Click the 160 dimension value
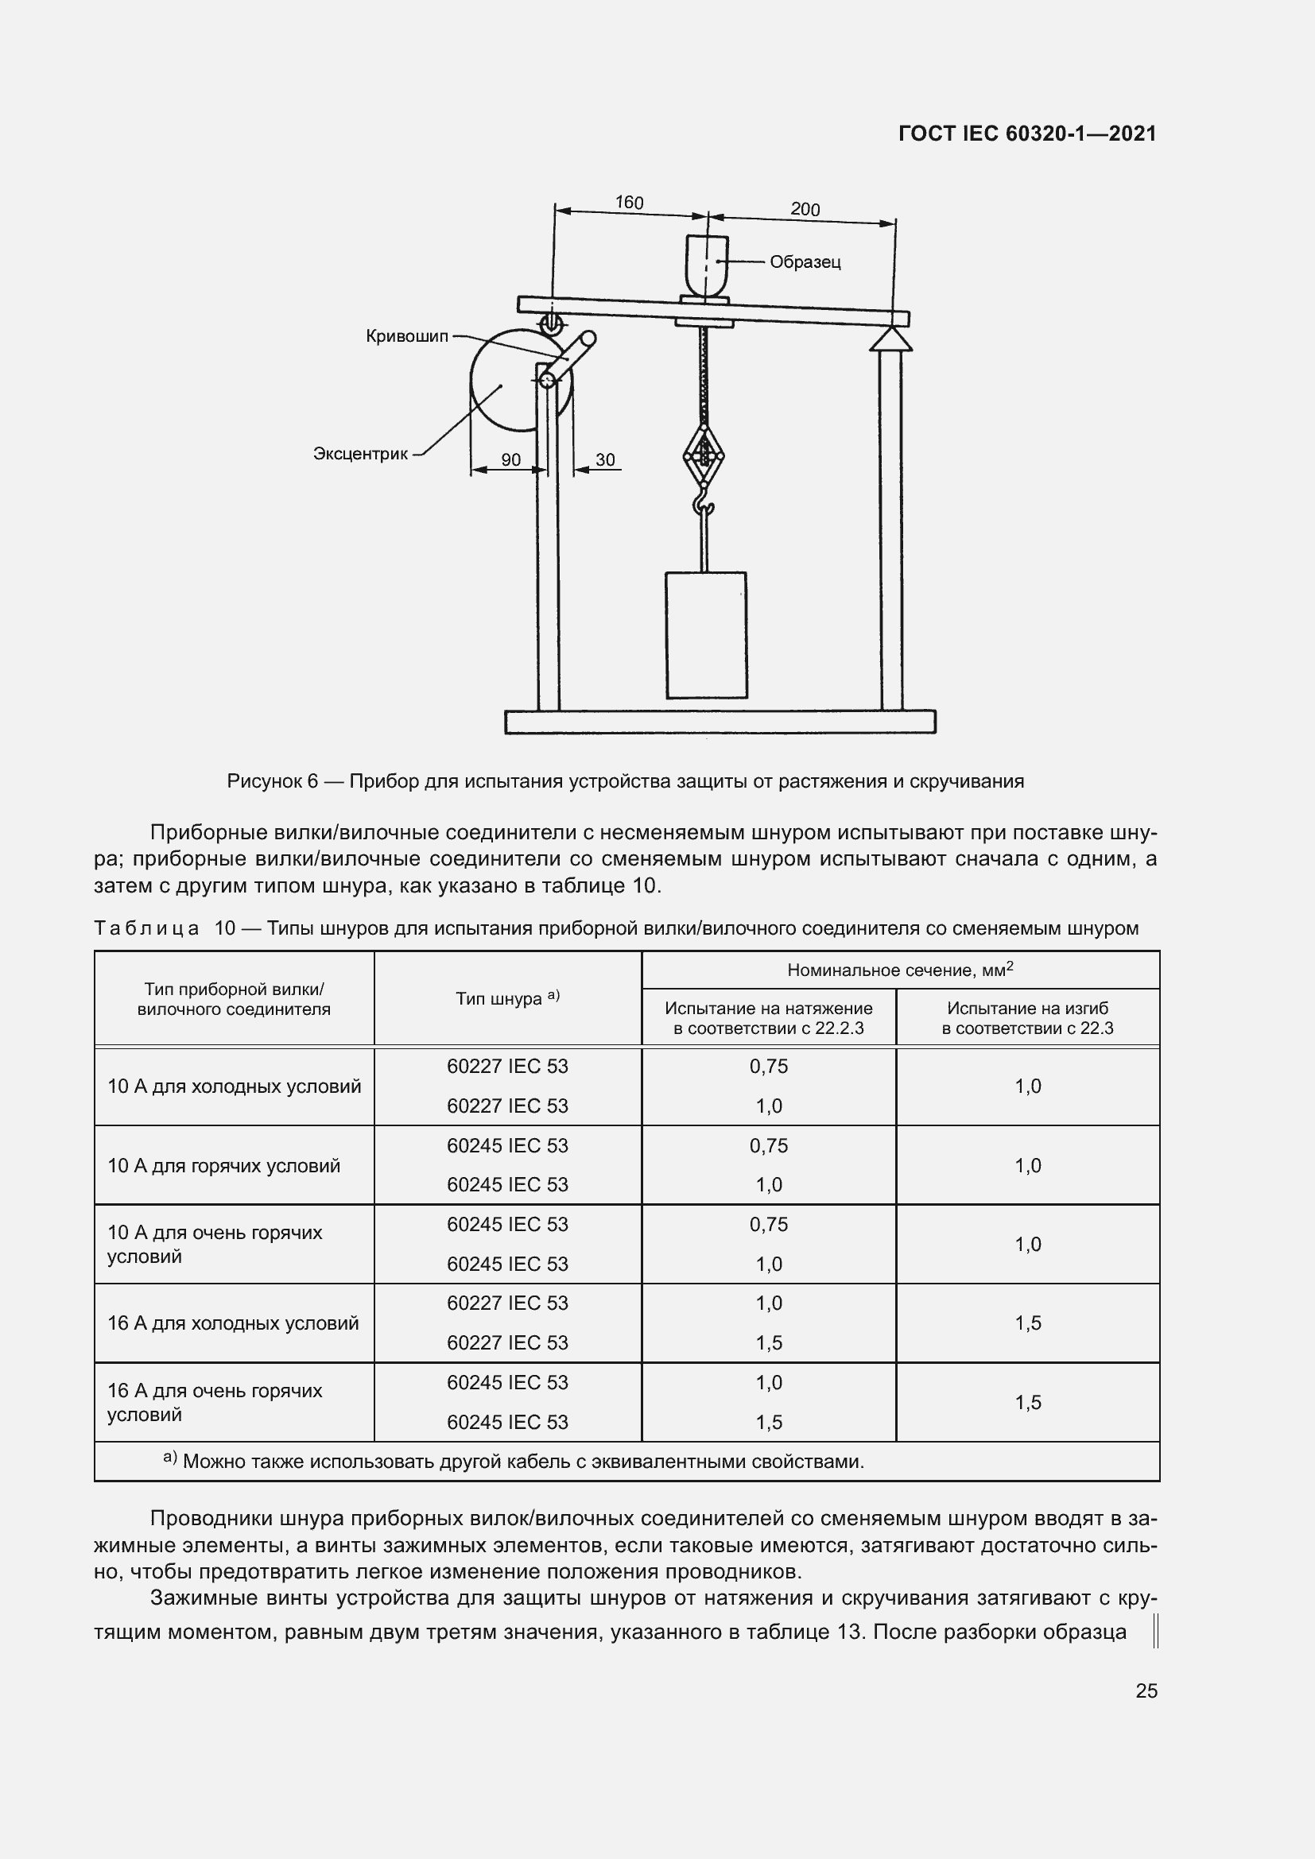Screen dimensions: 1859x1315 pyautogui.click(x=628, y=202)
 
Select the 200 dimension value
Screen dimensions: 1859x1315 pyautogui.click(x=805, y=209)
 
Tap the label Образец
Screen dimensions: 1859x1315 pyautogui.click(x=805, y=262)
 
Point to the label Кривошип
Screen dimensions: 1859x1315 pyautogui.click(x=406, y=336)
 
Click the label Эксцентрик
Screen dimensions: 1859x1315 pyautogui.click(x=360, y=455)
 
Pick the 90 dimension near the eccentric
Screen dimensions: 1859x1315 pyautogui.click(x=511, y=460)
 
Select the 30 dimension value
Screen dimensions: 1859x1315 pyautogui.click(x=606, y=460)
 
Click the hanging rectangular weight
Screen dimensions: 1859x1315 pyautogui.click(x=706, y=635)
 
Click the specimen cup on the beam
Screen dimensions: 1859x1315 pyautogui.click(x=708, y=264)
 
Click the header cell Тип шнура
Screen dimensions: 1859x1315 pyautogui.click(x=507, y=998)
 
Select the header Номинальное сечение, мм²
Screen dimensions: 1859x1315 pyautogui.click(x=900, y=970)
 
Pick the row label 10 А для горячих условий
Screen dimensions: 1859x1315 pyautogui.click(x=223, y=1166)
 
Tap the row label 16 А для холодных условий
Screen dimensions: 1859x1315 pyautogui.click(x=233, y=1323)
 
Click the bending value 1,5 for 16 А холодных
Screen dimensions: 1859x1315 pyautogui.click(x=1027, y=1323)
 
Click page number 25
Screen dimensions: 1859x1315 pyautogui.click(x=1146, y=1691)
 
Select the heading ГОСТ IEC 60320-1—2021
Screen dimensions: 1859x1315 pyautogui.click(x=1026, y=134)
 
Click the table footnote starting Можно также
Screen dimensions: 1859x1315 pyautogui.click(x=522, y=1462)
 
